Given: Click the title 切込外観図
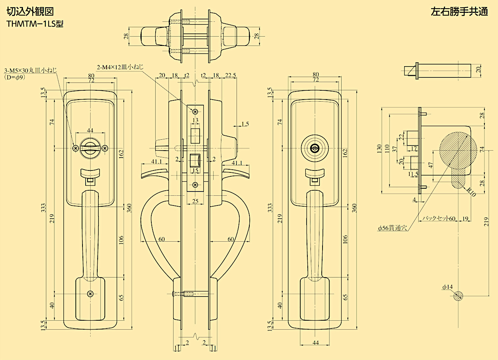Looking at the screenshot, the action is pos(30,11).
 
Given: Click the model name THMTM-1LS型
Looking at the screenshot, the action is pos(35,24).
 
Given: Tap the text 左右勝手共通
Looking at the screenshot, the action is pos(459,12).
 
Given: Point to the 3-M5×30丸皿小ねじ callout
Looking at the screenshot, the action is pos(31,70).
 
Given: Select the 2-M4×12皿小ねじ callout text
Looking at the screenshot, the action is pos(120,67).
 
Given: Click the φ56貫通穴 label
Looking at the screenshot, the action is pos(392,228).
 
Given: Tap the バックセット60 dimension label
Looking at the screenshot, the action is pos(439,219).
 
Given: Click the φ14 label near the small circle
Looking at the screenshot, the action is pos(447,287).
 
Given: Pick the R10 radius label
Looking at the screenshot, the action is pos(471,192).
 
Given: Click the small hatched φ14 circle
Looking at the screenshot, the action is pos(458,296).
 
